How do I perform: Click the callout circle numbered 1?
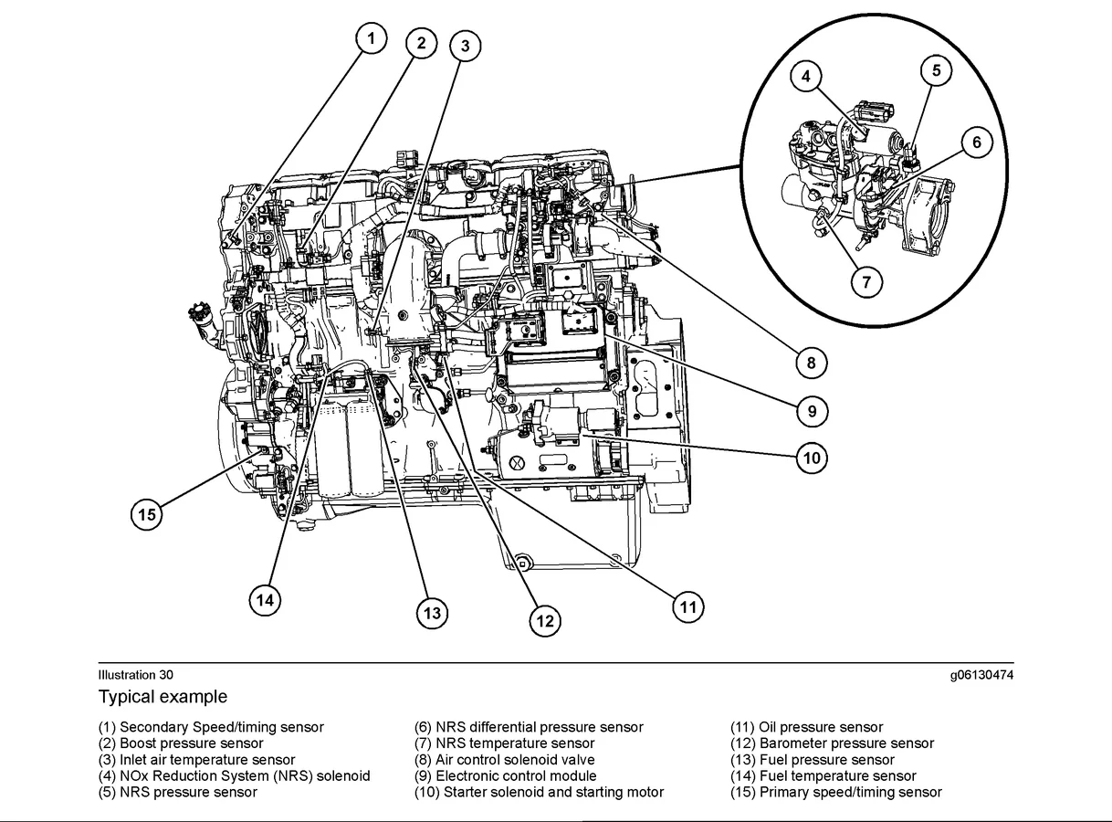coord(371,38)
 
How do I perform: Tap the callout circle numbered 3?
coord(465,47)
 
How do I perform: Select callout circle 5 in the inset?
coord(936,70)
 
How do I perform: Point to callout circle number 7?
coord(866,282)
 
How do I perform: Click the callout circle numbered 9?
coord(812,411)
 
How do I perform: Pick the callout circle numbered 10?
coord(812,458)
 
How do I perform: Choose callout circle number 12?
coord(545,621)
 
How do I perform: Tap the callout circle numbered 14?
coord(265,599)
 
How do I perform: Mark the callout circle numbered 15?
coord(147,515)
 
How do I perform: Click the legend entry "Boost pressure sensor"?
coord(181,743)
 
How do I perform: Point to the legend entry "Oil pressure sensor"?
coord(806,727)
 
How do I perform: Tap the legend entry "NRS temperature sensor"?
coord(504,743)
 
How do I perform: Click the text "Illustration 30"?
coord(135,675)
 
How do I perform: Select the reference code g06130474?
coord(981,675)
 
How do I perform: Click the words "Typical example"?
coord(163,697)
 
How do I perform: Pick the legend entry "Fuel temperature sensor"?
coord(823,776)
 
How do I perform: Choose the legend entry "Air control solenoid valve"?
coord(504,760)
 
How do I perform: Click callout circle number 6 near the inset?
coord(976,142)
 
